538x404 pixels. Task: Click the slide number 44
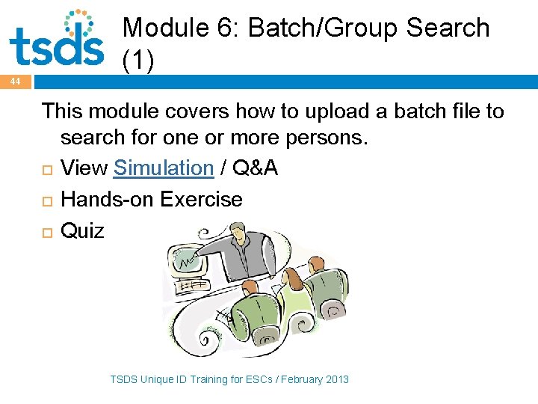click(x=15, y=82)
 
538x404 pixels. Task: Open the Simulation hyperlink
click(x=164, y=168)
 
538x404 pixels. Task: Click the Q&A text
click(x=256, y=168)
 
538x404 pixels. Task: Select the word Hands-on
click(x=108, y=200)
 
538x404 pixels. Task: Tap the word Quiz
click(x=82, y=230)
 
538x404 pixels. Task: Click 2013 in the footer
click(x=336, y=379)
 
